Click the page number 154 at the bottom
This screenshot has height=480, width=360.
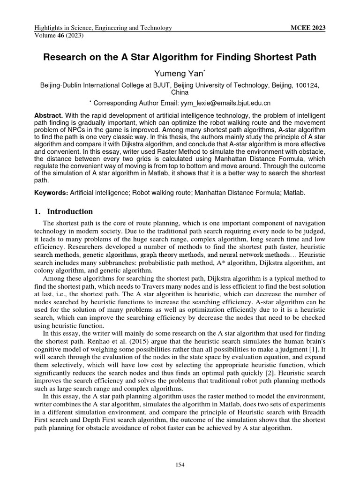[x=180, y=465]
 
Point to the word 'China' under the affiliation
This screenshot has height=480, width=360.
[x=180, y=92]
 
